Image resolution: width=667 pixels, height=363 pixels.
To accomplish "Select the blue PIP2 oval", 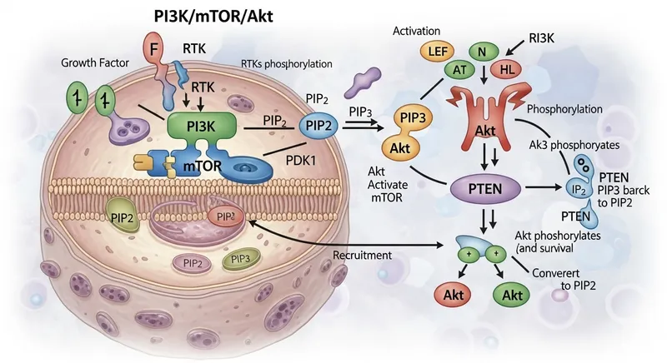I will (x=320, y=124).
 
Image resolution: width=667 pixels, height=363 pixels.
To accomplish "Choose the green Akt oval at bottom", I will (x=515, y=296).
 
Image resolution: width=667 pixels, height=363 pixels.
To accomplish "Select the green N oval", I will (x=482, y=50).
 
